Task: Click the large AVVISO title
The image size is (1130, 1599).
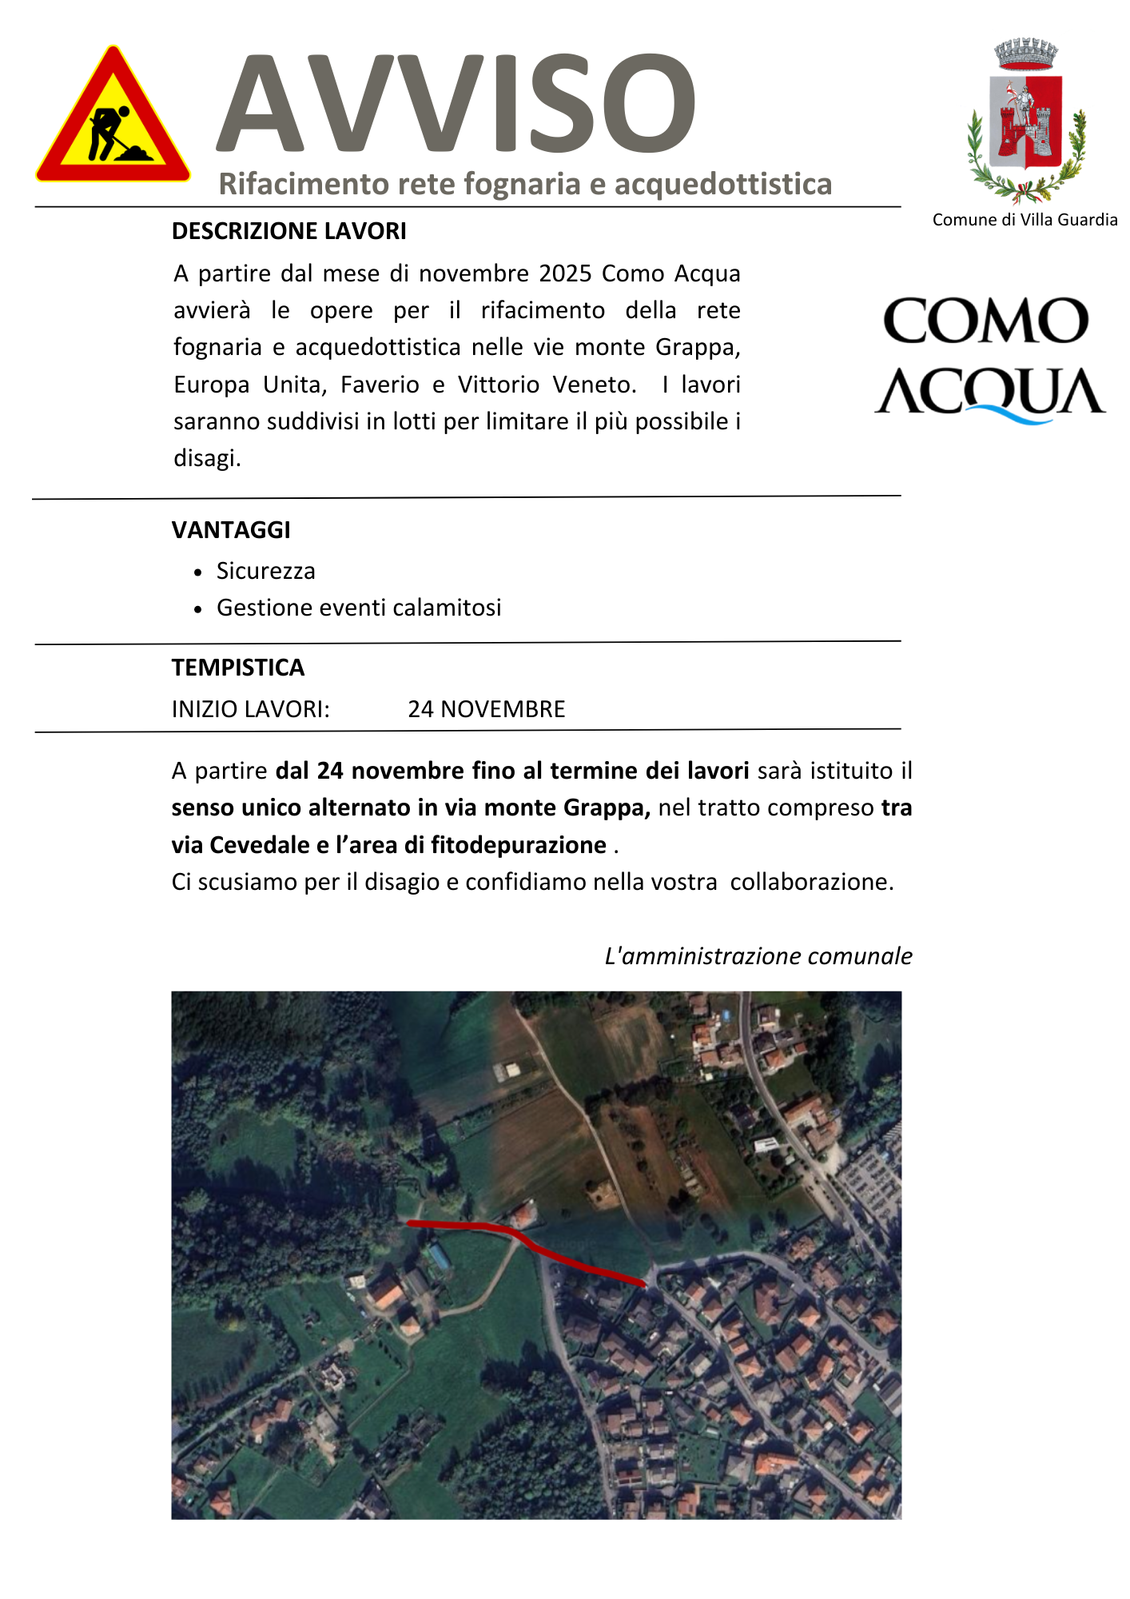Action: (456, 104)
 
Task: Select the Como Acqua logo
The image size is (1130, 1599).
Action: (990, 359)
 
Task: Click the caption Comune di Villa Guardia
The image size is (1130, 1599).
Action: (1025, 220)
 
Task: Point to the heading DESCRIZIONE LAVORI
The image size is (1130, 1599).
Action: (289, 231)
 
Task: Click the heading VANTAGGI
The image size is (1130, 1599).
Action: (231, 530)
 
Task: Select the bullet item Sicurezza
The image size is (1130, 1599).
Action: (266, 571)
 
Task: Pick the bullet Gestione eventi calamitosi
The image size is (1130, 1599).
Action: (359, 608)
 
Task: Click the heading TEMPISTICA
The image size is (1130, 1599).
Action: (238, 668)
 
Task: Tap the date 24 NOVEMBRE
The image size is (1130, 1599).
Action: (487, 709)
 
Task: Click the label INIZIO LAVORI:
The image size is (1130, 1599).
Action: (251, 709)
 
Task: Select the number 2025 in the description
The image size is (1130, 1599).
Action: (566, 273)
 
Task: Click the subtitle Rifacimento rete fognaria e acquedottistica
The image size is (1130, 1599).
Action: (525, 184)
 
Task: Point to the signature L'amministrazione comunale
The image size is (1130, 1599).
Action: (758, 956)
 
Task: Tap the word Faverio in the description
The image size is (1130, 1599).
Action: (380, 385)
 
